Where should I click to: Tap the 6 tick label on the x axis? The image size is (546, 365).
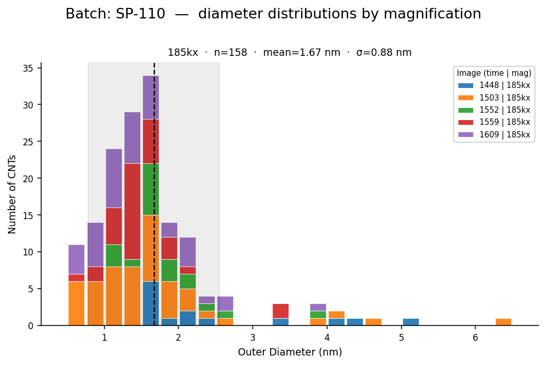[x=475, y=338]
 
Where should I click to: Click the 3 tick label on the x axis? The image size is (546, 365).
[x=253, y=338]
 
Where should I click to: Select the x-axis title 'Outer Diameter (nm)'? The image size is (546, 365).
[x=290, y=352]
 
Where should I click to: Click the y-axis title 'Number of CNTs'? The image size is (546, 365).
[x=12, y=194]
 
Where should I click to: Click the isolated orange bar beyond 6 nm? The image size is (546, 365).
[x=503, y=322]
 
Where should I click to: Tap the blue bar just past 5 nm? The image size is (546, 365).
[x=411, y=322]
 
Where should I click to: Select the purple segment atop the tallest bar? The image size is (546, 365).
[x=151, y=97]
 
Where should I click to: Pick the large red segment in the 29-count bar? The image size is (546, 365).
[x=132, y=211]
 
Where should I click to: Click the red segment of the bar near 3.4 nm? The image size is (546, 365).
[x=281, y=311]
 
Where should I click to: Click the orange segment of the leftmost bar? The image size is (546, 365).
[x=76, y=303]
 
